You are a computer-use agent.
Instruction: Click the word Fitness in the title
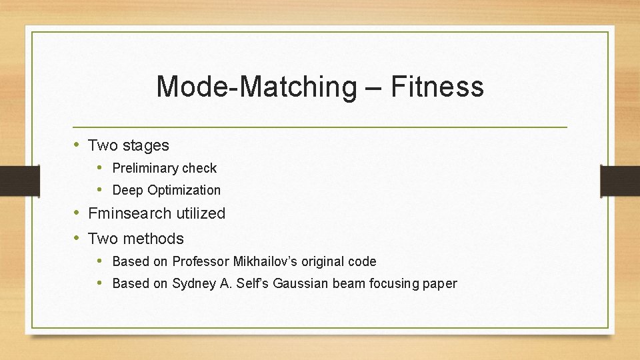click(437, 87)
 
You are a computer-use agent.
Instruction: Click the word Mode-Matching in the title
click(256, 87)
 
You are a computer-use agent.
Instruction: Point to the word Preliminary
click(145, 169)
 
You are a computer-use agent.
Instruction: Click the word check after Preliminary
click(199, 169)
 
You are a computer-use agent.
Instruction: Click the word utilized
click(201, 213)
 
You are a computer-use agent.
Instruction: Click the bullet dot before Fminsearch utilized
click(77, 213)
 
